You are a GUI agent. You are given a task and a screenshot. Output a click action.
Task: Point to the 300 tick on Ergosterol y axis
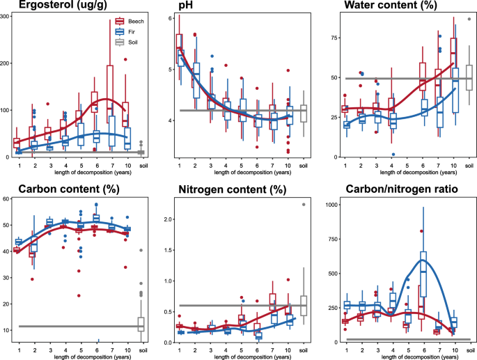tap(6, 15)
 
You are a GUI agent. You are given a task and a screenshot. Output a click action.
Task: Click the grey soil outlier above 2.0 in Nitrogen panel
tap(304, 204)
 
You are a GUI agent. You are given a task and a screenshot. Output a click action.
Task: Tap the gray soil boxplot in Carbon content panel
tap(141, 324)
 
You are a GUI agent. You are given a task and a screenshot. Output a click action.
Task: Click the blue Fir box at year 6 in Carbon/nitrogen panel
tap(423, 274)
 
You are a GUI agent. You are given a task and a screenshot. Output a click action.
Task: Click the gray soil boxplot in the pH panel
tap(304, 111)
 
